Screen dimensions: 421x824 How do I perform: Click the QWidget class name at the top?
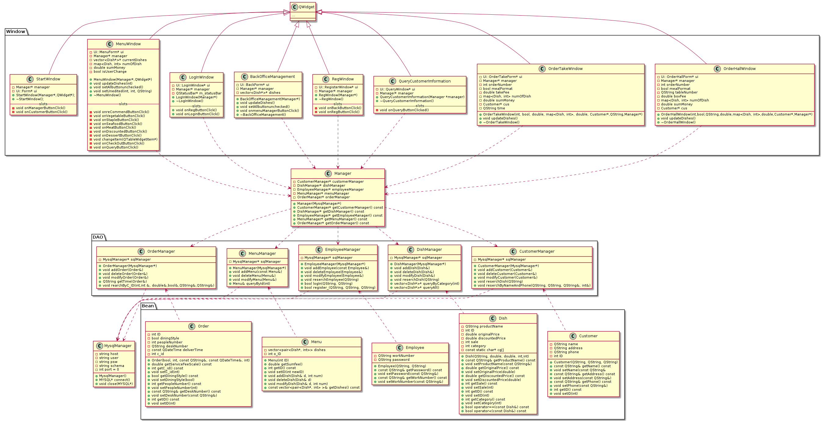click(306, 7)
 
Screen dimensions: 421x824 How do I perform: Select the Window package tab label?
click(15, 31)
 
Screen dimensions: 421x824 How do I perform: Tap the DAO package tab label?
click(98, 237)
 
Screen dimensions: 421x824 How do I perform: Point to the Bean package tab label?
click(147, 306)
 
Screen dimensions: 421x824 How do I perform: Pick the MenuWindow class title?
click(128, 44)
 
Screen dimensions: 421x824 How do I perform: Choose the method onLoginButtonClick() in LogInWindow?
click(197, 114)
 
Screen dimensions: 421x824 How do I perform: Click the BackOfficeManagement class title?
click(272, 77)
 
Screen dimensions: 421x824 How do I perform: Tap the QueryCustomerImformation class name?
click(425, 81)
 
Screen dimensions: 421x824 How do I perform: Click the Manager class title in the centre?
click(343, 174)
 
